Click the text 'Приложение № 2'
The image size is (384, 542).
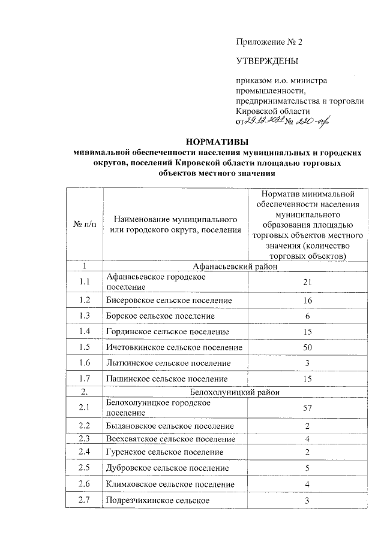(x=271, y=42)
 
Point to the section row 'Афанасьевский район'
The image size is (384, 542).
(x=235, y=267)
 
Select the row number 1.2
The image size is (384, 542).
(x=85, y=299)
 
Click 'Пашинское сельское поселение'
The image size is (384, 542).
(x=166, y=379)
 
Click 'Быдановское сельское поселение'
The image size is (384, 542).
(x=170, y=426)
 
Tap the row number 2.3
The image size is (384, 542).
(x=85, y=439)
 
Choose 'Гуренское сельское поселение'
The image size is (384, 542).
(x=164, y=452)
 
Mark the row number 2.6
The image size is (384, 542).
(x=85, y=484)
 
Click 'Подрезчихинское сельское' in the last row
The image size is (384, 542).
(x=158, y=500)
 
